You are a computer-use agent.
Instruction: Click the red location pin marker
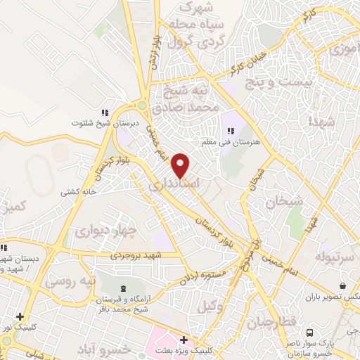click(181, 165)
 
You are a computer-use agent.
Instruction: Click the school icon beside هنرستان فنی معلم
click(230, 130)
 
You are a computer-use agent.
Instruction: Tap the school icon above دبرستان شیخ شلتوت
click(105, 112)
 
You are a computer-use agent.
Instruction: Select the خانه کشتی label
click(77, 191)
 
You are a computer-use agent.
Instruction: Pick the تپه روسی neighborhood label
click(70, 281)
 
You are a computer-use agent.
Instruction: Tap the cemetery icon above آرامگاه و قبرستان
click(124, 288)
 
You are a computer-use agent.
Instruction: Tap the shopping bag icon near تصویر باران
click(342, 286)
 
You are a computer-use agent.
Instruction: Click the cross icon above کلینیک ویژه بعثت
click(184, 340)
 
